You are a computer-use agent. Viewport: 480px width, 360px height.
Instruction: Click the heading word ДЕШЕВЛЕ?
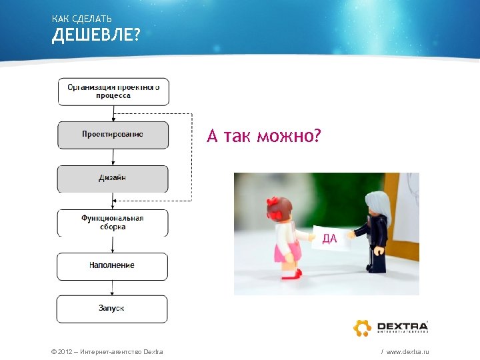pyautogui.click(x=96, y=35)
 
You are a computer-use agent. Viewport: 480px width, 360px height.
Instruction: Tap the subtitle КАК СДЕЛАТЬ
pyautogui.click(x=81, y=18)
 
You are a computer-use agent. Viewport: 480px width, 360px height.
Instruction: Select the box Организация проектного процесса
pyautogui.click(x=113, y=91)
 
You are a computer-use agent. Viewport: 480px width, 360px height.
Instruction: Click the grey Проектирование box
pyautogui.click(x=113, y=135)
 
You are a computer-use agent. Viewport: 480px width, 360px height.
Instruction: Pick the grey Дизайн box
pyautogui.click(x=113, y=179)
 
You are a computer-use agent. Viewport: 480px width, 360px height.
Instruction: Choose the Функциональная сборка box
pyautogui.click(x=113, y=223)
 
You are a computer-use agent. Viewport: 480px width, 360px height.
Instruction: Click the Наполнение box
pyautogui.click(x=113, y=266)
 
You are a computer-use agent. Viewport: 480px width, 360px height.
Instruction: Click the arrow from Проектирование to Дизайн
pyautogui.click(x=113, y=157)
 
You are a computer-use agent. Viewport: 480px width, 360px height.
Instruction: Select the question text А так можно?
pyautogui.click(x=264, y=137)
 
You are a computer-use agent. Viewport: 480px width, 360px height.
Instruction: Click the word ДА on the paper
pyautogui.click(x=329, y=238)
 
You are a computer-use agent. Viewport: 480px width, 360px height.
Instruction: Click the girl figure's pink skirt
pyautogui.click(x=287, y=253)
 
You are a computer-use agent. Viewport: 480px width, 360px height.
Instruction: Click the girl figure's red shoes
pyautogui.click(x=292, y=273)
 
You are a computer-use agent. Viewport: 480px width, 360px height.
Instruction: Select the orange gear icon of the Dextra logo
pyautogui.click(x=362, y=327)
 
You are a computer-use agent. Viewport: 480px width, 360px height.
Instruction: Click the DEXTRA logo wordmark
pyautogui.click(x=402, y=324)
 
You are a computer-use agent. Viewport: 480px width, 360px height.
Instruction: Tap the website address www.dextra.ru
pyautogui.click(x=407, y=351)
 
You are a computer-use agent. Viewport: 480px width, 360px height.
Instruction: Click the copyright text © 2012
pyautogui.click(x=66, y=351)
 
